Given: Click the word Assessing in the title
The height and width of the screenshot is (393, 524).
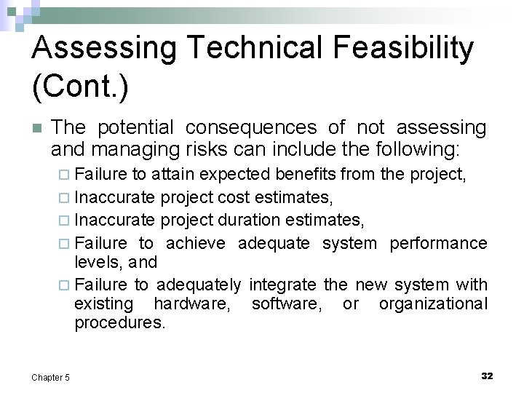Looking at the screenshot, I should (x=103, y=49).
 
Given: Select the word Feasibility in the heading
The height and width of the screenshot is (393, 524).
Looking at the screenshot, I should (x=404, y=49).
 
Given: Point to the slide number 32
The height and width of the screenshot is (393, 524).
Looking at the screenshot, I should (x=487, y=376).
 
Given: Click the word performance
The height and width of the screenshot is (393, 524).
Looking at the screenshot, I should (x=438, y=243).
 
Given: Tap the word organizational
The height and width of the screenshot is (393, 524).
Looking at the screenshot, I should (x=433, y=303).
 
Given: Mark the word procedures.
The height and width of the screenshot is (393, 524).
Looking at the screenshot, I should (x=120, y=322).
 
